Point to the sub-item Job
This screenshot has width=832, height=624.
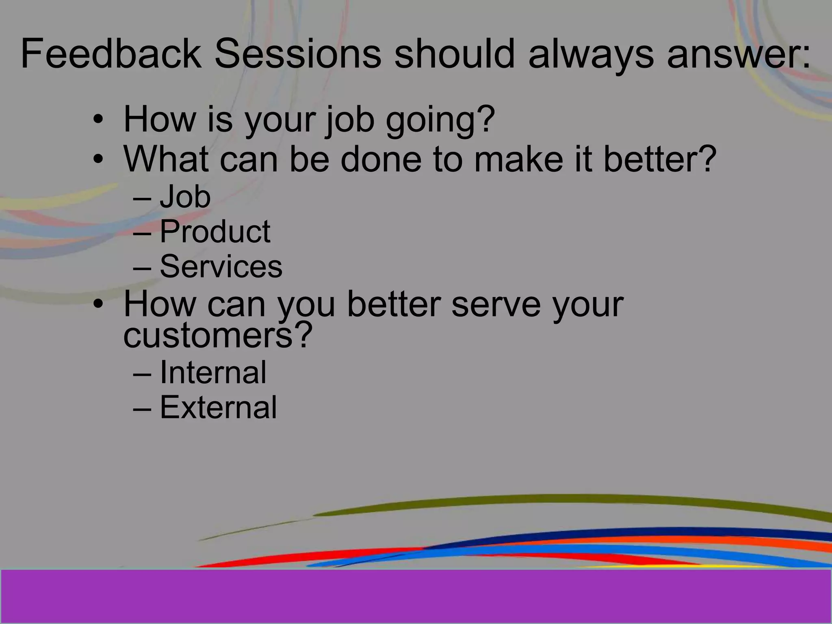click(185, 197)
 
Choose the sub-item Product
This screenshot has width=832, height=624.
click(215, 232)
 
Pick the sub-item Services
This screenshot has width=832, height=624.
click(221, 266)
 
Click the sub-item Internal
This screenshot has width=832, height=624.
click(213, 372)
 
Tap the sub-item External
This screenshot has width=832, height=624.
click(218, 407)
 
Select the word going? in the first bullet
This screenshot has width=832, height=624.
click(440, 119)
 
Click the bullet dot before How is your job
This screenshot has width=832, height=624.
click(97, 120)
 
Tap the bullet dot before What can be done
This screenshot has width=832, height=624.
click(97, 159)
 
